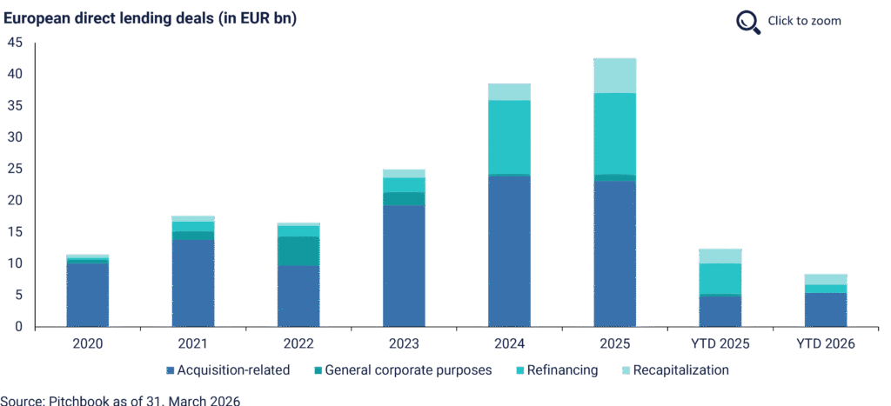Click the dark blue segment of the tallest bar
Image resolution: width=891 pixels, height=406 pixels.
[x=614, y=252]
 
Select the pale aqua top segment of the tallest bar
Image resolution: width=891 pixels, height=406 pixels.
[x=614, y=76]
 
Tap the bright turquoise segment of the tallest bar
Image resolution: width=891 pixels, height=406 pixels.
[x=614, y=133]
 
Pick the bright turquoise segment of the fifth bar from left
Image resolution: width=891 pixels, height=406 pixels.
[x=509, y=136]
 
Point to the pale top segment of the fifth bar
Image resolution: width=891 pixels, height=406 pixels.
[x=509, y=92]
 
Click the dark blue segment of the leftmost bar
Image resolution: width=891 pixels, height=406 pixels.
[x=88, y=294]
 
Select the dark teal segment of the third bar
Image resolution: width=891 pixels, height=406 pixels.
[x=298, y=250]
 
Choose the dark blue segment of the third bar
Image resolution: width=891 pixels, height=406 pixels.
[x=298, y=296]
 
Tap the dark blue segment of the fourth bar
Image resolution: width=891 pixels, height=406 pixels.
[x=404, y=265]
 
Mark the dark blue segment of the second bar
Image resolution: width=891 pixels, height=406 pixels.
[x=193, y=283]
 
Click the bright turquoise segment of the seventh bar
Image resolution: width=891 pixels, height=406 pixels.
[x=720, y=278]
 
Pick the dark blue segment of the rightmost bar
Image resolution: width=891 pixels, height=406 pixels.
[x=826, y=309]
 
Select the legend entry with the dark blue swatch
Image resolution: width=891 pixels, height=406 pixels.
[x=231, y=370]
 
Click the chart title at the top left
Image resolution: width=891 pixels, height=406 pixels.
[x=149, y=17]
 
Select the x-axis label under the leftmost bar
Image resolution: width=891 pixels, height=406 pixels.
[x=88, y=343]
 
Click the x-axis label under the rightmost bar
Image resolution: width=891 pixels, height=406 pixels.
[x=826, y=343]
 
